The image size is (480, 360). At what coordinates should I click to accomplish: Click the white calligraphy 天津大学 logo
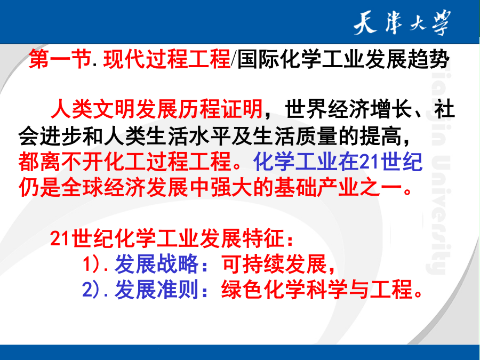click(x=402, y=22)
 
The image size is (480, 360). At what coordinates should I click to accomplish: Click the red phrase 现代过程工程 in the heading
click(x=167, y=59)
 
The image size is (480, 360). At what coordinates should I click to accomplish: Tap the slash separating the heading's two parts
click(x=234, y=59)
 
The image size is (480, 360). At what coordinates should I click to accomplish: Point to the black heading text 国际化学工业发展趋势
click(x=343, y=59)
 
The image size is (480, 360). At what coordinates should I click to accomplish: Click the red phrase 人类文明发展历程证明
click(x=156, y=109)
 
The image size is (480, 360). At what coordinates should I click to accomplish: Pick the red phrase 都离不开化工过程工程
click(x=125, y=162)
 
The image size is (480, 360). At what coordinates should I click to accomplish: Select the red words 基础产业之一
click(x=338, y=187)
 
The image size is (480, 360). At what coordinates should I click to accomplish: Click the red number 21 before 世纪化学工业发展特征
click(x=61, y=238)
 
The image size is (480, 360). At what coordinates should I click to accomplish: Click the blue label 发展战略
click(x=156, y=264)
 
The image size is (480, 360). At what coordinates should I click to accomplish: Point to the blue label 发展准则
click(x=156, y=289)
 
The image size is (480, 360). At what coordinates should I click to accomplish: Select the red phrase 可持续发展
click(x=274, y=264)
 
